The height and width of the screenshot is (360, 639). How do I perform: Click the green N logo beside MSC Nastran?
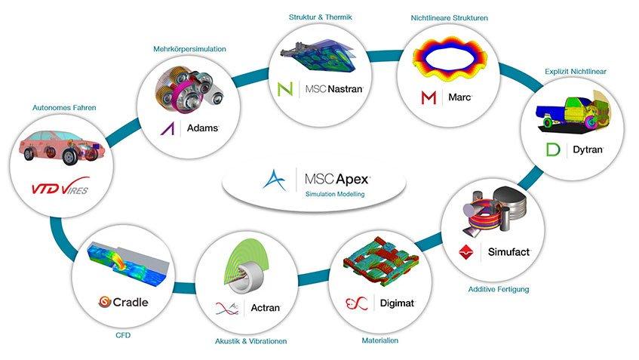285,89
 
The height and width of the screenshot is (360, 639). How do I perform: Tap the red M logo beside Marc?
429,98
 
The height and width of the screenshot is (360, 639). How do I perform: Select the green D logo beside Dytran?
553,149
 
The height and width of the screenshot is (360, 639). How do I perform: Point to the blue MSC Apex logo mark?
275,180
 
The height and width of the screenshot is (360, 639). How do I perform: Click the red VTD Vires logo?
60,186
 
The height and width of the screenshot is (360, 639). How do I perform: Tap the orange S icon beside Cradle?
105,302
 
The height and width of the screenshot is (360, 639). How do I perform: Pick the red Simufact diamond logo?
466,252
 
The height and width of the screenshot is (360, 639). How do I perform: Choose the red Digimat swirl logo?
357,303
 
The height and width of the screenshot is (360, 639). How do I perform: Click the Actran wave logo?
227,309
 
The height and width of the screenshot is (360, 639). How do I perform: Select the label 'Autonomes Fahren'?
64,108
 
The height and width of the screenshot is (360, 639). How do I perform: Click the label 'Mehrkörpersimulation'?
189,49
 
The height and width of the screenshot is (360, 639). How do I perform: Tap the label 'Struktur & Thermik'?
321,17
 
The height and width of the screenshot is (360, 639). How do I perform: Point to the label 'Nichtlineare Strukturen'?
449,18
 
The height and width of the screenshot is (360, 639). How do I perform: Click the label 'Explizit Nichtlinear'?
576,72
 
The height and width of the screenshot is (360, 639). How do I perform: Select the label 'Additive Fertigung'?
499,290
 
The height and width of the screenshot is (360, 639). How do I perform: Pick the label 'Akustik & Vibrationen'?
251,341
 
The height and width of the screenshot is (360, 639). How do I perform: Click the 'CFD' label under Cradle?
123,335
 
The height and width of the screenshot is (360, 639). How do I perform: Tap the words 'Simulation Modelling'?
335,195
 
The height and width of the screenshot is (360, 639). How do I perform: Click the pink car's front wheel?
72,157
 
